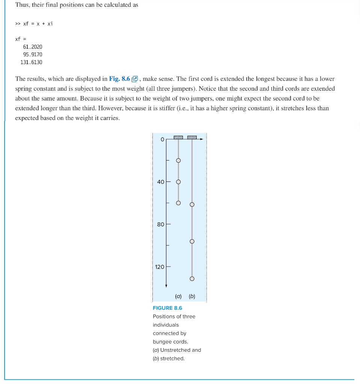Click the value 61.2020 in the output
33,47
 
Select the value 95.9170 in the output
33,54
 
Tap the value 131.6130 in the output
32,62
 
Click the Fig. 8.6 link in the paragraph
119,79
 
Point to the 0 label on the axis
162,139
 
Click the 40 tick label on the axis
161,182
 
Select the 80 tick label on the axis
161,224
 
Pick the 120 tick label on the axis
160,267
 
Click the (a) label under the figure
178,296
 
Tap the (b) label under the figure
192,296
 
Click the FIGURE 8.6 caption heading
167,308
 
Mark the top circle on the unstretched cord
178,160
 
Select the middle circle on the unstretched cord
178,182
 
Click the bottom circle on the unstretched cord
178,203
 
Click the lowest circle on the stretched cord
192,279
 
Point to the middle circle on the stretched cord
192,241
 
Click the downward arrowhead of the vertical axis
166,286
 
